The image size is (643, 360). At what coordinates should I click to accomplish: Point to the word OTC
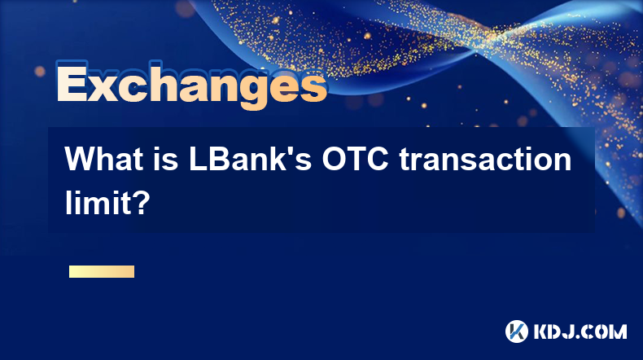[x=355, y=159]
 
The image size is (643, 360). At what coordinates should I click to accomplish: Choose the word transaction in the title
[x=485, y=159]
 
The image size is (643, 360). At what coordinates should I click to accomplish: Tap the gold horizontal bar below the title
[x=102, y=272]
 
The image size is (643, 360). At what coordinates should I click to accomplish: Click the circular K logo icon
[x=517, y=331]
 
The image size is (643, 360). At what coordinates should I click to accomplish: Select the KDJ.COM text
[x=580, y=331]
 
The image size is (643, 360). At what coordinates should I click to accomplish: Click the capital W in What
[x=81, y=159]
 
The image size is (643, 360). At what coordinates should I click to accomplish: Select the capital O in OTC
[x=335, y=159]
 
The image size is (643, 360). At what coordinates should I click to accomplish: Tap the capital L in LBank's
[x=198, y=159]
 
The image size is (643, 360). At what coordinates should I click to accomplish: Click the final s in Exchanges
[x=312, y=88]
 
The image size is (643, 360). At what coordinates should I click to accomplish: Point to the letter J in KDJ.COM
[x=569, y=331]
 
